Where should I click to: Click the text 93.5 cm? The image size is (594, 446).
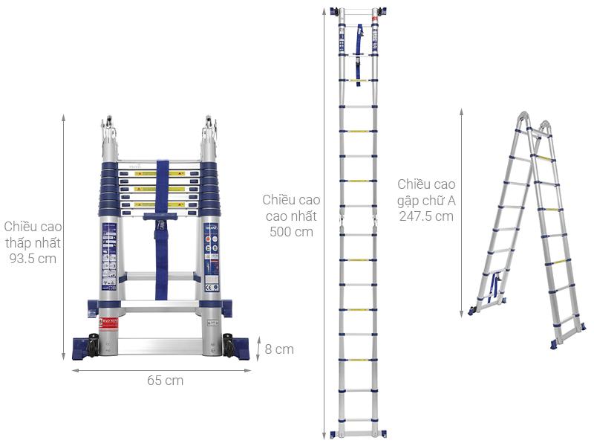coord(33,259)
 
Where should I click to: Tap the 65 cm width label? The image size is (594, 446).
coord(165,381)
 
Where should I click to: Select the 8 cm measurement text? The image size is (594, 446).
coord(279,349)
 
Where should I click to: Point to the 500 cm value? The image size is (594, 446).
coord(291,232)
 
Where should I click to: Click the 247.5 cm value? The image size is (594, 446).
coord(425,216)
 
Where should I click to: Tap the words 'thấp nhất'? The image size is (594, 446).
coord(33,242)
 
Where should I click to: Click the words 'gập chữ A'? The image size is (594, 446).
coord(425,200)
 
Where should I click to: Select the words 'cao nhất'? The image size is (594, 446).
coord(291,216)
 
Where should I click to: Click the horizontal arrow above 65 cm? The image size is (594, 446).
coord(161,369)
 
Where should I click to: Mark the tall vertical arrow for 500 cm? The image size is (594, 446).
coord(324,223)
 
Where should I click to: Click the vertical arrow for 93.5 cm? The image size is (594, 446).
coord(64,238)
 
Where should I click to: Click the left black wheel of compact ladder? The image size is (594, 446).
coord(94,345)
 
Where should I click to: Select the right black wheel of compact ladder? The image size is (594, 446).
coord(229,345)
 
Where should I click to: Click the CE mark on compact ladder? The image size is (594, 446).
coord(211,287)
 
